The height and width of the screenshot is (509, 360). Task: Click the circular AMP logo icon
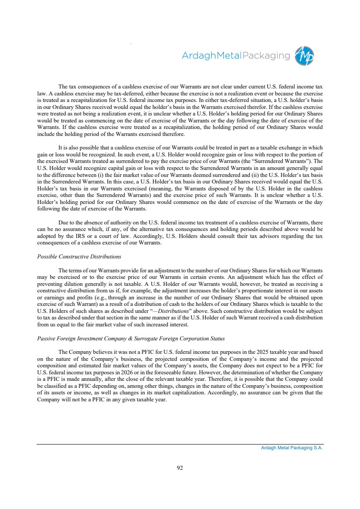point(304,56)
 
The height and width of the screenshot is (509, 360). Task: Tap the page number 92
point(180,468)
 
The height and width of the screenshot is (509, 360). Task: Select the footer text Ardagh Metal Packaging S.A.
point(289,448)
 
